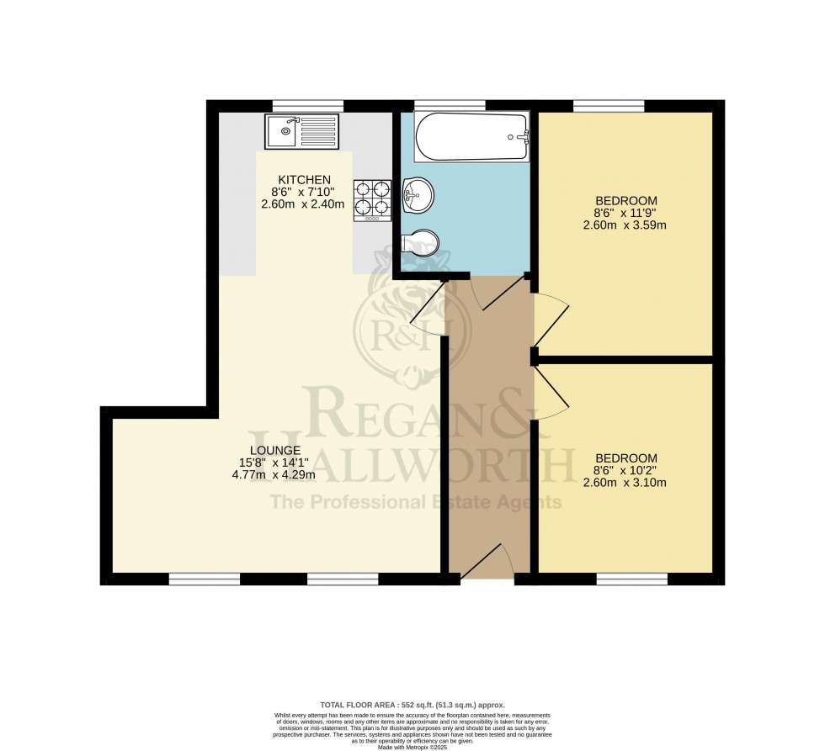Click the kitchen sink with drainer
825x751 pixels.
coord(301,131)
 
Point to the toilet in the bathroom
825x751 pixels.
coord(420,241)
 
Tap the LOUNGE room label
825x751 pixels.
coord(275,450)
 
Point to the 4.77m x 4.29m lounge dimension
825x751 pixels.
coord(276,474)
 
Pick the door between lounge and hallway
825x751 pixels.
coord(430,305)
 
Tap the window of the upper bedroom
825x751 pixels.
coord(609,105)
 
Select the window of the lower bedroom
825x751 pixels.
coord(632,579)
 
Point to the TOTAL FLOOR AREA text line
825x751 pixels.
coord(412,705)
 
